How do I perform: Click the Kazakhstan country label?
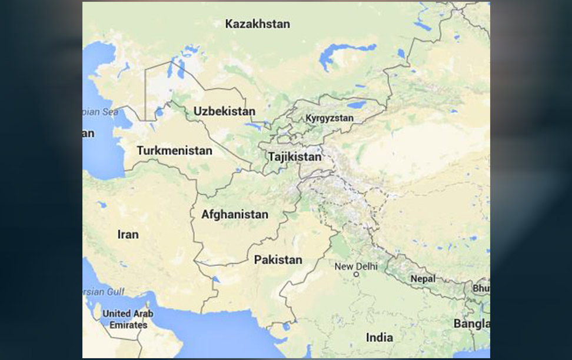[x=258, y=24]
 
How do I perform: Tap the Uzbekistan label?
[x=224, y=111]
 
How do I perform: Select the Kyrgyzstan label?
[x=330, y=118]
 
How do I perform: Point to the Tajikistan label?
[x=295, y=157]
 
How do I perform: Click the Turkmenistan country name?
[x=174, y=151]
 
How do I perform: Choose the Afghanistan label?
[x=234, y=215]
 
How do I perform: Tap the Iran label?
[x=128, y=234]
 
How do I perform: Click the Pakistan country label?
[x=278, y=259]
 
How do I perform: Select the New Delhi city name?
[x=356, y=266]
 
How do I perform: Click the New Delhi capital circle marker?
[x=356, y=274]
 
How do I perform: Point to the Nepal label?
[x=423, y=278]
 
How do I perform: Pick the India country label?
[x=380, y=338]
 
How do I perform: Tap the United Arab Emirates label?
[x=128, y=319]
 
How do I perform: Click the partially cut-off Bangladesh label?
[x=471, y=324]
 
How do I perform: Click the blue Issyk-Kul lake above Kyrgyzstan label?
[x=357, y=105]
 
